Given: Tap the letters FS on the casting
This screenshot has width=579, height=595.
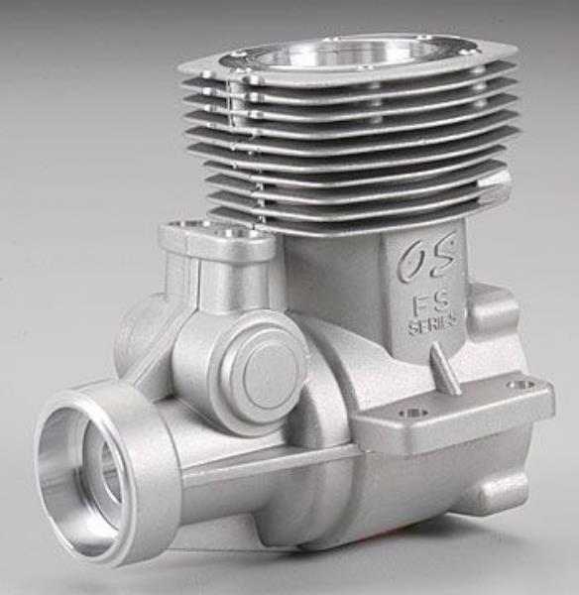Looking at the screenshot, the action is pos(431,300).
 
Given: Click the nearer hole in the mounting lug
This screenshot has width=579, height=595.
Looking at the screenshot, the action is pos(408,413).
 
